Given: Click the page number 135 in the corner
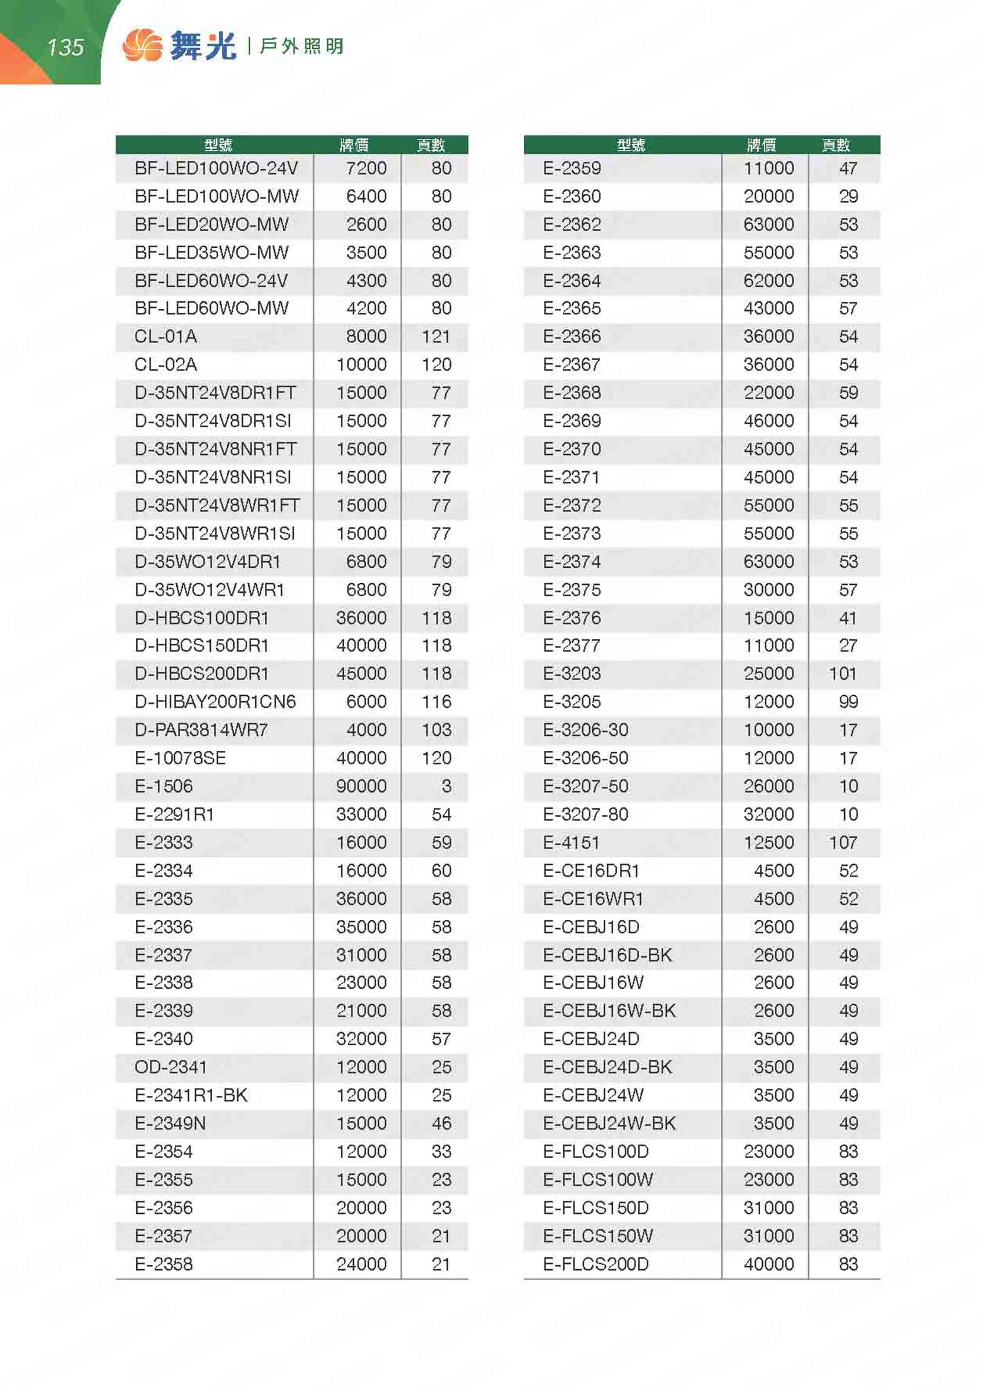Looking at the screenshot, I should coord(65,47).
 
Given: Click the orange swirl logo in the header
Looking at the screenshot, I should coord(142,46).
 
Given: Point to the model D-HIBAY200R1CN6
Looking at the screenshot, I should coord(215,702).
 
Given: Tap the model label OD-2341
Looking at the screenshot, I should coord(171,1067).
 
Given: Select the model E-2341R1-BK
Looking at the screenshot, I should coord(191,1095).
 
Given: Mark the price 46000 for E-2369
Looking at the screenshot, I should coord(769,421).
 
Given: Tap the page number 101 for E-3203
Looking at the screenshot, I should coord(842,673).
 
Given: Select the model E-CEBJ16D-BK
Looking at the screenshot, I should coord(607,955).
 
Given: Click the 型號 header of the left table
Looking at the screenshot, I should coord(218,145).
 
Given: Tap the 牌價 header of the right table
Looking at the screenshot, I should coord(762,145).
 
